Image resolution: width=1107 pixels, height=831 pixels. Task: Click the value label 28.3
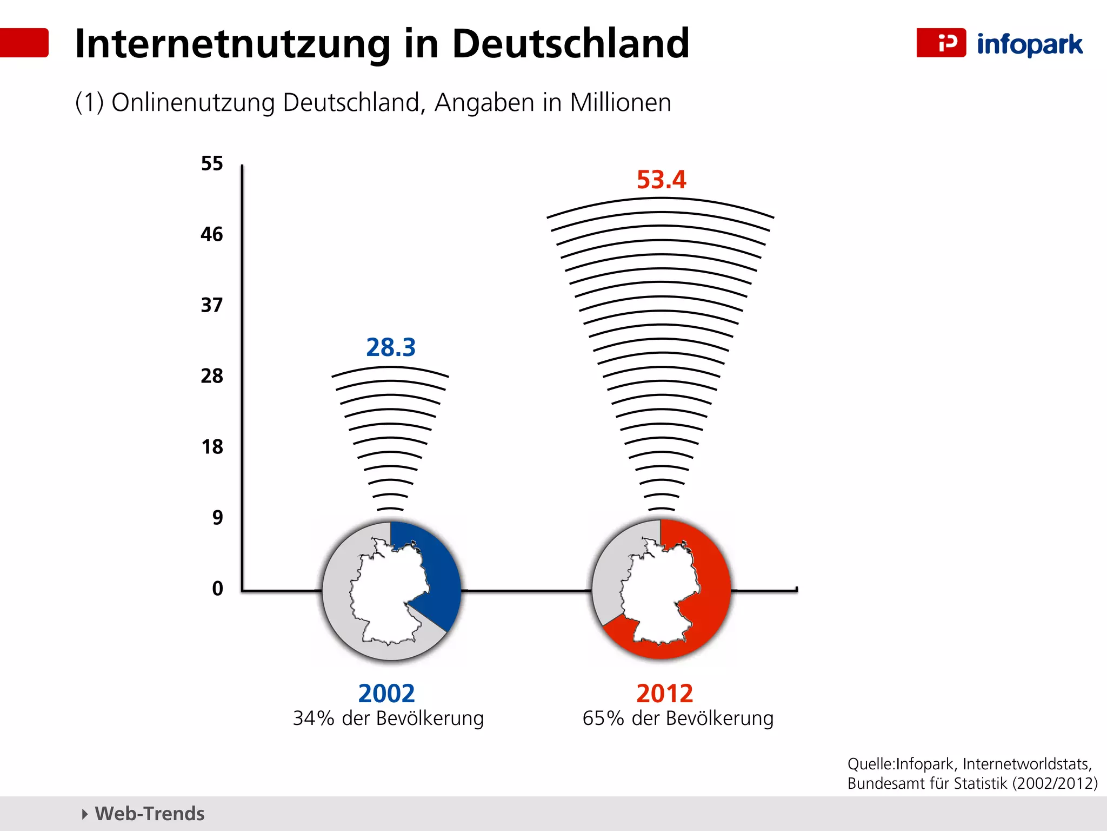(x=391, y=347)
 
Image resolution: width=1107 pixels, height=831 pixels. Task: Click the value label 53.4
(x=661, y=180)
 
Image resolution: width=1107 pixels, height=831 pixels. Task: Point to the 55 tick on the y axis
(x=212, y=163)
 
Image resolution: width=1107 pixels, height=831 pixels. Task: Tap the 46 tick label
(x=212, y=234)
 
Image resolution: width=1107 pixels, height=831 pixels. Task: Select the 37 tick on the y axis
(x=212, y=305)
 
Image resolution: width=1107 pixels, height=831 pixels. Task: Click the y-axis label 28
(x=212, y=376)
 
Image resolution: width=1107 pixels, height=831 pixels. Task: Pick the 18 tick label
(x=212, y=447)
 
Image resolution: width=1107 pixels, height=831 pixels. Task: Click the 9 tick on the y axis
(x=217, y=518)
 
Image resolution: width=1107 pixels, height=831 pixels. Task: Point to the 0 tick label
(x=217, y=589)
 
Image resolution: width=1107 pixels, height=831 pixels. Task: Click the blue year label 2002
(x=386, y=694)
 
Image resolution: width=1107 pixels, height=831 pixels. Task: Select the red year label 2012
(x=664, y=694)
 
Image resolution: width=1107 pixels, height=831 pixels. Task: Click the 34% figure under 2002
(x=314, y=718)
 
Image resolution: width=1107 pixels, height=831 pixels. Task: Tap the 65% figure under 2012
(x=603, y=718)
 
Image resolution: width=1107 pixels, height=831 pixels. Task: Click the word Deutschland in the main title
(x=570, y=43)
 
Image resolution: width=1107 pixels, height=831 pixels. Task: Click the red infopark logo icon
(x=941, y=43)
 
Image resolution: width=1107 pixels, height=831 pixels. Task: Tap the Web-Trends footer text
(x=149, y=814)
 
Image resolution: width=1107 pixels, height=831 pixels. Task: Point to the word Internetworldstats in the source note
(x=1026, y=764)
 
